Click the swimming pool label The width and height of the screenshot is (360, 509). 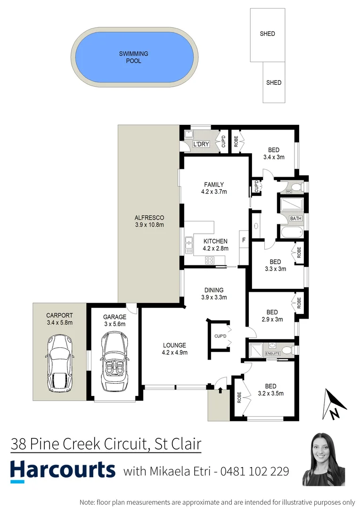(x=133, y=57)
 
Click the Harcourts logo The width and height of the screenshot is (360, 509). (x=63, y=470)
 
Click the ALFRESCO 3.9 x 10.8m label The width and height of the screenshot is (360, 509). (x=149, y=221)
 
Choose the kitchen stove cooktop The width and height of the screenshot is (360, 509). (x=210, y=260)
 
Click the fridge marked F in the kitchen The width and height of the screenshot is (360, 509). (x=244, y=240)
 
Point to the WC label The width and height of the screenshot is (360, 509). (x=289, y=191)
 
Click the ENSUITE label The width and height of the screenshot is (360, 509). (x=273, y=353)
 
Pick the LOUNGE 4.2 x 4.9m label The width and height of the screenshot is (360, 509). (x=175, y=348)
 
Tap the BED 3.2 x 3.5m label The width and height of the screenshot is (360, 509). (x=271, y=389)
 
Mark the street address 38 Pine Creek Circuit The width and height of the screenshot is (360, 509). (x=106, y=444)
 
